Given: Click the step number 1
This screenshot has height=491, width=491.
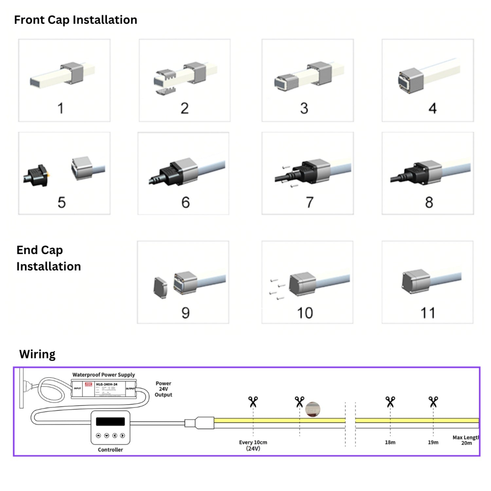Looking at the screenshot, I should tap(60, 108).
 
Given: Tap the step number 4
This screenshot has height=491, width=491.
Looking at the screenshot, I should tap(432, 108).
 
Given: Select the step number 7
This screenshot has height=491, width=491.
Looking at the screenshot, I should tap(310, 202).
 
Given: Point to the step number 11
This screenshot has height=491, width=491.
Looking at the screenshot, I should tap(428, 313).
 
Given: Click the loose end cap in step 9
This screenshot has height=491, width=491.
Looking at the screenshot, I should tap(160, 287).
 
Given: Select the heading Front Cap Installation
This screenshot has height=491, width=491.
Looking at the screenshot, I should tap(76, 20).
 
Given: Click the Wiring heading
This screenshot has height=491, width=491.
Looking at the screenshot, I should tap(37, 354).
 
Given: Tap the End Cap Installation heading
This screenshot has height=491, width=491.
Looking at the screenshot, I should tap(48, 258).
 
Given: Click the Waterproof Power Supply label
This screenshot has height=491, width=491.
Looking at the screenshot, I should tap(103, 375).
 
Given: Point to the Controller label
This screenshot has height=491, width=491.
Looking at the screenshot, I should tap(110, 450).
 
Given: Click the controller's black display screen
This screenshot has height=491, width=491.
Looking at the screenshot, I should tap(110, 421).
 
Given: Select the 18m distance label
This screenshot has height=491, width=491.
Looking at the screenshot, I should tap(390, 442).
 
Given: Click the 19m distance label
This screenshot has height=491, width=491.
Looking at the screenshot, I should tap(433, 442).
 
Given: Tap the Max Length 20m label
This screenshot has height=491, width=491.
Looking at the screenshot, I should tap(466, 440).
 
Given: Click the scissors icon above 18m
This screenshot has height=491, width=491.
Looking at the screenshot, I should tap(390, 402).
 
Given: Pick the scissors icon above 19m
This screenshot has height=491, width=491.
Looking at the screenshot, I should tap(433, 402).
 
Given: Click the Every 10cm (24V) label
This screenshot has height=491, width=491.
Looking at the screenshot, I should tap(253, 445).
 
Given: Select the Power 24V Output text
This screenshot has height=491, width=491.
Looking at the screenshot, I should tap(163, 389).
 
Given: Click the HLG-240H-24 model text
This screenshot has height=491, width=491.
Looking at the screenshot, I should tap(106, 384).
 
